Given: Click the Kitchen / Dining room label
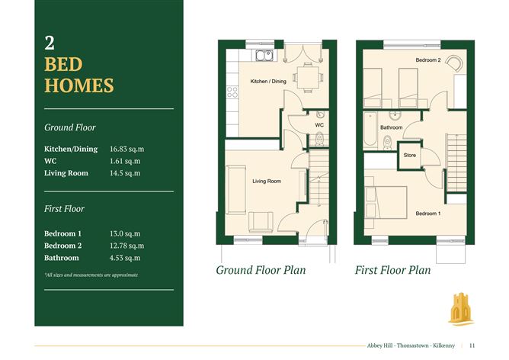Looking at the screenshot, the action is point(268,81).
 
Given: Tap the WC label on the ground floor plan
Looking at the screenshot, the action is point(319,125).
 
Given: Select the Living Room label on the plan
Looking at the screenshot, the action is point(267,181).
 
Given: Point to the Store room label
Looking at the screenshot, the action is point(410,156).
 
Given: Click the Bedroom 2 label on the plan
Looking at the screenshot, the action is point(428,60).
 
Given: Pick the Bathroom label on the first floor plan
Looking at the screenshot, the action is point(391,127).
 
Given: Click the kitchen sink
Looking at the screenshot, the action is point(264,55).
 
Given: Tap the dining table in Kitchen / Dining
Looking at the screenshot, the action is point(308,78).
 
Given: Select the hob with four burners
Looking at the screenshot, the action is point(232,92).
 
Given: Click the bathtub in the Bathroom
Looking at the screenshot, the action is point(370,130).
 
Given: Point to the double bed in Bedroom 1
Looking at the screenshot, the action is point(386,202).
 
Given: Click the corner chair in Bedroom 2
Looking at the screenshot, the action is point(454,63).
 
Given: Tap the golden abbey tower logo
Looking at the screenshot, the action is point(461,309).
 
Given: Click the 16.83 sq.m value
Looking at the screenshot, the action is point(127,149).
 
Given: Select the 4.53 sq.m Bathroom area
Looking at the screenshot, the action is point(125,258).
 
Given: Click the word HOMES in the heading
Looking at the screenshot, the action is point(79,85).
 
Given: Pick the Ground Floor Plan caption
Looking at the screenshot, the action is point(261,270).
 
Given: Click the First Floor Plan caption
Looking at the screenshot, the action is point(392,270).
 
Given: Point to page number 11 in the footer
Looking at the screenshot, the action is point(472,346).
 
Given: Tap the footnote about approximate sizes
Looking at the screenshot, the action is point(91,275).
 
